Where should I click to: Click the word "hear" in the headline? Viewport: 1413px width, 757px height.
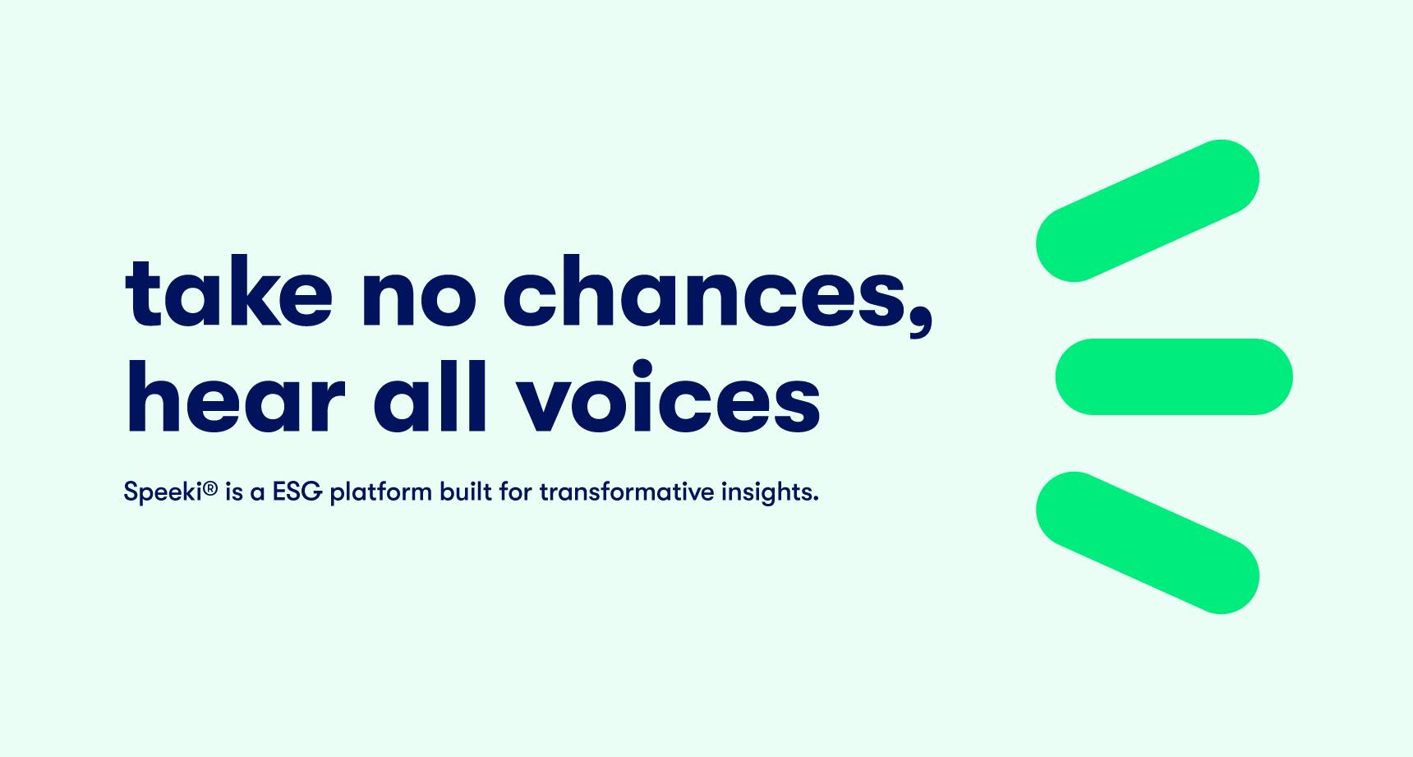pyautogui.click(x=236, y=395)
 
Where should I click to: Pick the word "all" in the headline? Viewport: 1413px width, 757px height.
pyautogui.click(x=430, y=395)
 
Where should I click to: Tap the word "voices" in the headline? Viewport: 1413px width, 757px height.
pyautogui.click(x=668, y=395)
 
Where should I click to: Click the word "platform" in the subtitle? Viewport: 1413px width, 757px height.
pyautogui.click(x=380, y=493)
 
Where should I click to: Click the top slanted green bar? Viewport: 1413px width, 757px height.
pyautogui.click(x=1148, y=210)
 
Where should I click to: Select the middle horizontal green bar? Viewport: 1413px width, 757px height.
pyautogui.click(x=1174, y=376)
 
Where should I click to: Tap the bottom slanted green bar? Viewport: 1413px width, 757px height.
pyautogui.click(x=1148, y=542)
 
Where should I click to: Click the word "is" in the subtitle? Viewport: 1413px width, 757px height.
pyautogui.click(x=234, y=492)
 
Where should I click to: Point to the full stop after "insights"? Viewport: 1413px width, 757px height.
pyautogui.click(x=816, y=500)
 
